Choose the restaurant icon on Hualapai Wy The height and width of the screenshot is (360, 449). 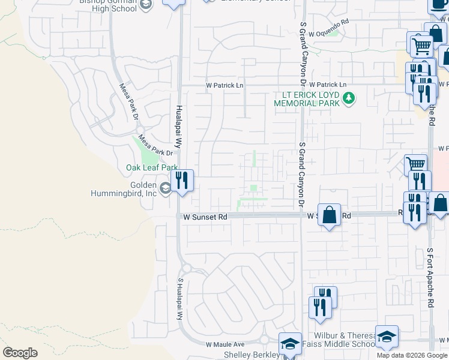tap(182, 181)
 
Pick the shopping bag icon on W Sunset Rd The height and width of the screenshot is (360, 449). tap(330, 215)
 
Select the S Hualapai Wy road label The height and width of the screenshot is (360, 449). tap(179, 298)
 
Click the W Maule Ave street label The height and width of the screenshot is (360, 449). tap(226, 344)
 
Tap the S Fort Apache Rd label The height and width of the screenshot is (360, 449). tap(430, 278)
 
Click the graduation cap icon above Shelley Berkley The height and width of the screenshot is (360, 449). tap(291, 344)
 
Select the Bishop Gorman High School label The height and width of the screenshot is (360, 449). tap(108, 5)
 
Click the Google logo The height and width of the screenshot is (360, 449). tap(20, 353)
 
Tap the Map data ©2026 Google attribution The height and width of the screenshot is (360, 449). tap(412, 355)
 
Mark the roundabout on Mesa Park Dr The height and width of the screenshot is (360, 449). tap(140, 130)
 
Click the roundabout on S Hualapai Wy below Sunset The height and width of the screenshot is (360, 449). tap(185, 268)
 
